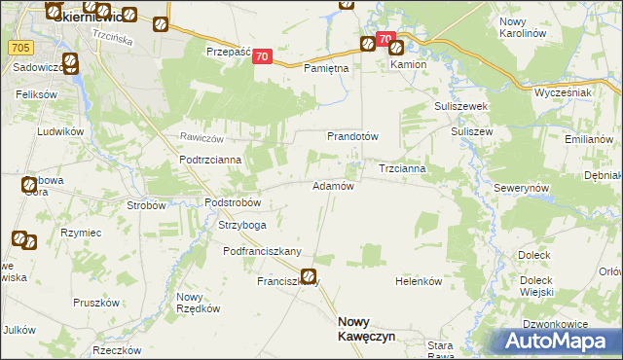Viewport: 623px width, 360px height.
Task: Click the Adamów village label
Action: (331, 186)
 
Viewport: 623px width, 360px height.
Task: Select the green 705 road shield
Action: (18, 46)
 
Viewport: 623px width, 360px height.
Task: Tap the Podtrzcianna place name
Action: (216, 160)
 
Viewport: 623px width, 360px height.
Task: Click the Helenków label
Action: (419, 281)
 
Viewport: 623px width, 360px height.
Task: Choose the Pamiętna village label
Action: (326, 69)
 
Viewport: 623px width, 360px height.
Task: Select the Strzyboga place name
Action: (241, 225)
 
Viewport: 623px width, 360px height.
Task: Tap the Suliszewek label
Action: (461, 106)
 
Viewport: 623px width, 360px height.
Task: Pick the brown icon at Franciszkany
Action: (309, 277)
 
